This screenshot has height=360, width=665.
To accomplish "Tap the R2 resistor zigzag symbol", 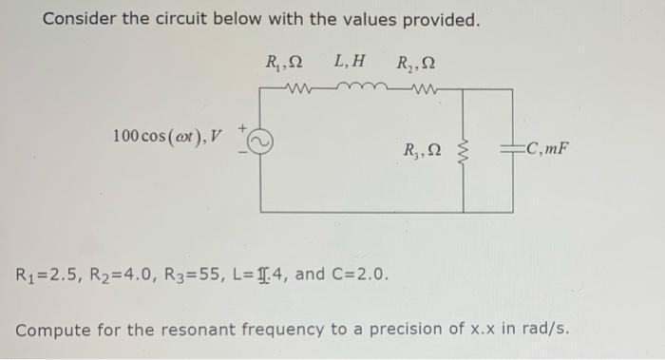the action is click(414, 91).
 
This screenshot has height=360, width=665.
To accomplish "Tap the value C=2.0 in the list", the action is click(357, 275).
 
